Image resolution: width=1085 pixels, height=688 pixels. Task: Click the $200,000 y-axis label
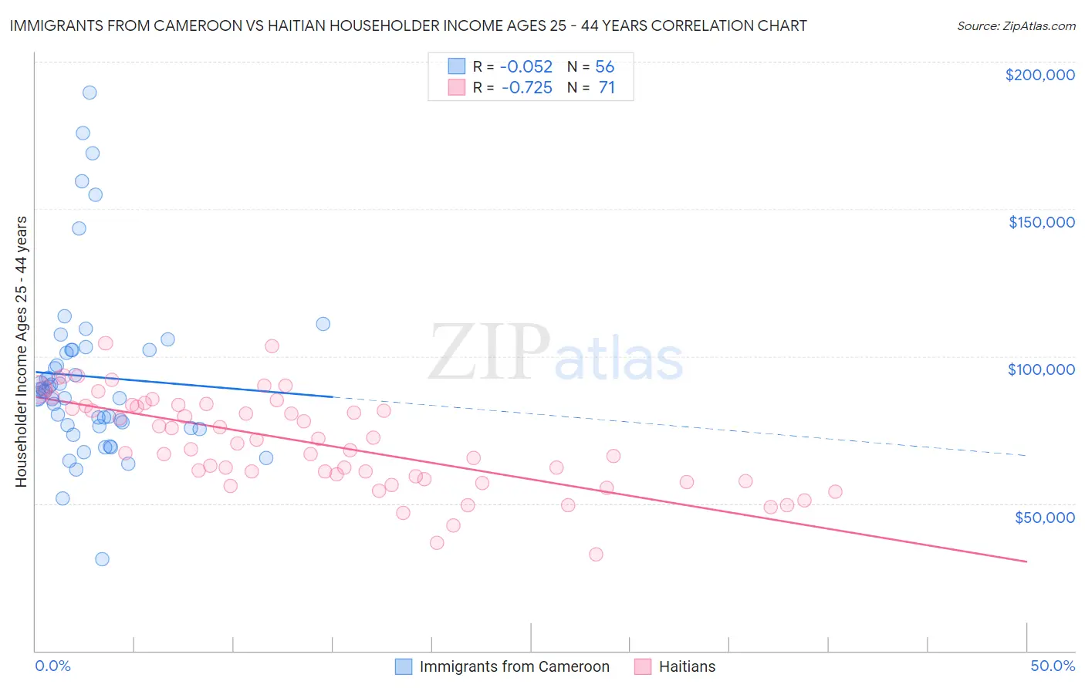(x=1039, y=75)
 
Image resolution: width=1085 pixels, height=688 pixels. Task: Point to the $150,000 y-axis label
(x=1041, y=222)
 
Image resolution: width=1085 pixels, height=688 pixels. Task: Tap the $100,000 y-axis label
(x=1041, y=369)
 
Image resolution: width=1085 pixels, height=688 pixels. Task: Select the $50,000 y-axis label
(x=1044, y=518)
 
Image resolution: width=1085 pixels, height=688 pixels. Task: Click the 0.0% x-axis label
(x=52, y=666)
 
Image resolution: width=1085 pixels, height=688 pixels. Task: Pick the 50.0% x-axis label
(x=1053, y=666)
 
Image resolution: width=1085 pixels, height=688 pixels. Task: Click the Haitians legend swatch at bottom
(x=642, y=666)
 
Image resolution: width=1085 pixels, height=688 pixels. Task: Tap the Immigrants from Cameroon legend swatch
(x=404, y=666)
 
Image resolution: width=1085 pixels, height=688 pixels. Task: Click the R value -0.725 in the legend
(x=527, y=88)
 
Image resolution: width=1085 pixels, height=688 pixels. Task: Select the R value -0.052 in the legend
(x=527, y=67)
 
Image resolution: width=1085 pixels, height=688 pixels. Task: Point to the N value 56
(x=604, y=67)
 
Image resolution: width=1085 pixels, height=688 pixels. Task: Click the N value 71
(x=607, y=88)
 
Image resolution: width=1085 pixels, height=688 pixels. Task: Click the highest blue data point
(x=90, y=93)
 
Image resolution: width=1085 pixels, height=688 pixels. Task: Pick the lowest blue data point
(x=102, y=559)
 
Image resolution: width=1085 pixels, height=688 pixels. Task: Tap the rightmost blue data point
(x=323, y=324)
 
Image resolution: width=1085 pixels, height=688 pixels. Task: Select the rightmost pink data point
(x=835, y=491)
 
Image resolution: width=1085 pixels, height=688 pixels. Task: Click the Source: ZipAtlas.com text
(x=1016, y=26)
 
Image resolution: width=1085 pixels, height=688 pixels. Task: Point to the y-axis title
(x=21, y=352)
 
